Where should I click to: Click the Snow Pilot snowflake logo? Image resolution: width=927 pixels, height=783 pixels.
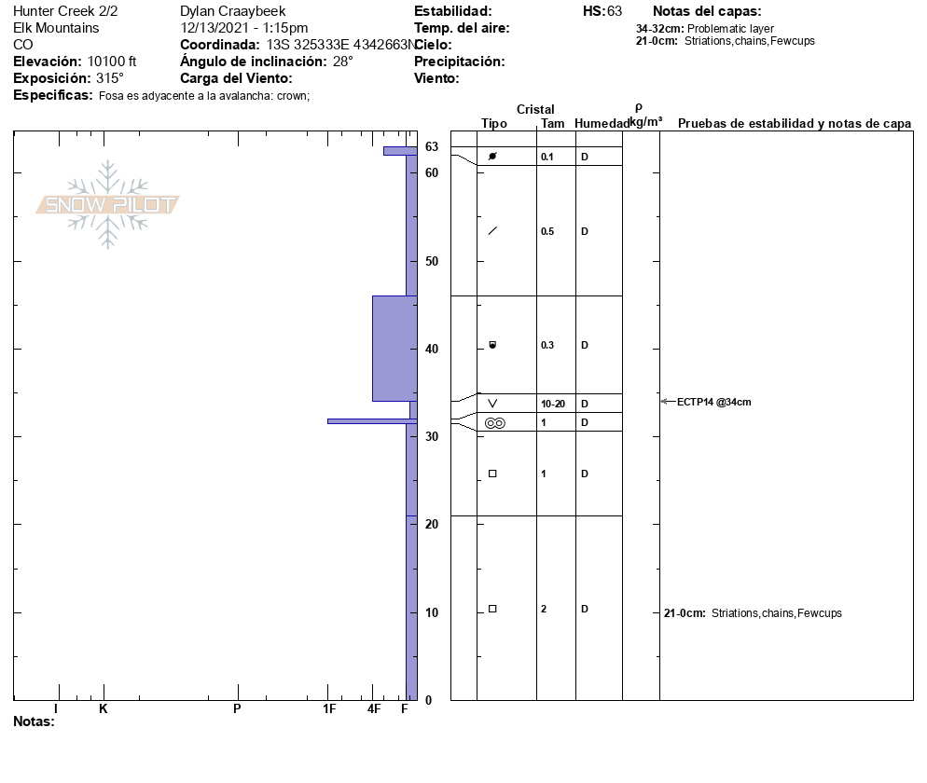tap(107, 204)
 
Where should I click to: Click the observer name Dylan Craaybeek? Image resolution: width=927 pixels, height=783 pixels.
tap(232, 11)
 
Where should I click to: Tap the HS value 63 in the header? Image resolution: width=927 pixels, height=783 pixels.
tap(615, 11)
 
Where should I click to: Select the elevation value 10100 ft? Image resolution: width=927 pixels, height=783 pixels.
tap(112, 62)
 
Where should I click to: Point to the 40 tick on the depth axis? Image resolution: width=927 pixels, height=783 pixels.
tap(432, 349)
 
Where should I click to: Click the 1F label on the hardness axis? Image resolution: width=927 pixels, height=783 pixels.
tap(329, 708)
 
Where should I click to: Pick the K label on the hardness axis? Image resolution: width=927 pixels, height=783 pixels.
tap(103, 708)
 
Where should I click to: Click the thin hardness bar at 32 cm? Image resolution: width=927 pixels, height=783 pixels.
tap(372, 421)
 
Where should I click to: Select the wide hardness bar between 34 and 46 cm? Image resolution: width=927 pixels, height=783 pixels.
tap(394, 349)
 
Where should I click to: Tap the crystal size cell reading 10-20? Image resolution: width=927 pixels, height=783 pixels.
tap(553, 405)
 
